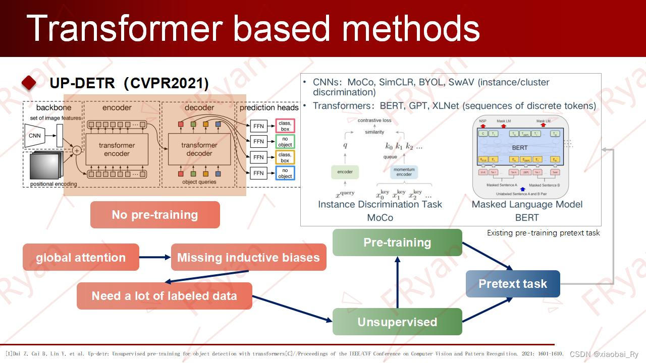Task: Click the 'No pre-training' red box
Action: (x=155, y=215)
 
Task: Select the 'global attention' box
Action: (x=81, y=258)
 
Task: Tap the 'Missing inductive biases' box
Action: (x=248, y=258)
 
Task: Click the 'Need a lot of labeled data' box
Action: (x=164, y=296)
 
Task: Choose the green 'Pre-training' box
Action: (x=397, y=243)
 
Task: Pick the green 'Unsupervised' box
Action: (x=397, y=322)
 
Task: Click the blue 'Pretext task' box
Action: (x=513, y=284)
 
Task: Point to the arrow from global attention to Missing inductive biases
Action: (x=155, y=258)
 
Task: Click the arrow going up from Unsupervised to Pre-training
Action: (x=397, y=282)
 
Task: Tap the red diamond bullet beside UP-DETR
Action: (x=29, y=83)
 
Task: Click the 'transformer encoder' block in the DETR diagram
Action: (x=117, y=149)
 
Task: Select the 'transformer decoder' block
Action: (x=199, y=149)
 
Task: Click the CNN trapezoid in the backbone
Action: (x=35, y=136)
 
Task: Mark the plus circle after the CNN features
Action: (x=77, y=150)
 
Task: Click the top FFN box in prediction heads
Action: (x=258, y=126)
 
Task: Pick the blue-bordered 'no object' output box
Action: (x=285, y=173)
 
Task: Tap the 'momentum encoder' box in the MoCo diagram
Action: (x=404, y=172)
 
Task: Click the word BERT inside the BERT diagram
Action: (x=519, y=148)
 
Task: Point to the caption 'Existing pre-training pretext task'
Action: (x=543, y=233)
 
